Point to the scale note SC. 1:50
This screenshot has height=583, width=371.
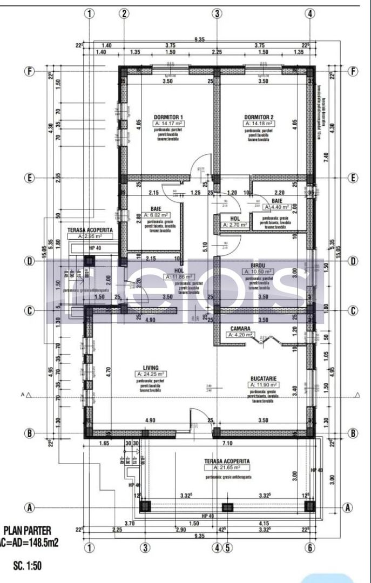27,566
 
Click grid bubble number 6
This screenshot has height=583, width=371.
310,547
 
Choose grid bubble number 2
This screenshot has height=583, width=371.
125,14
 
